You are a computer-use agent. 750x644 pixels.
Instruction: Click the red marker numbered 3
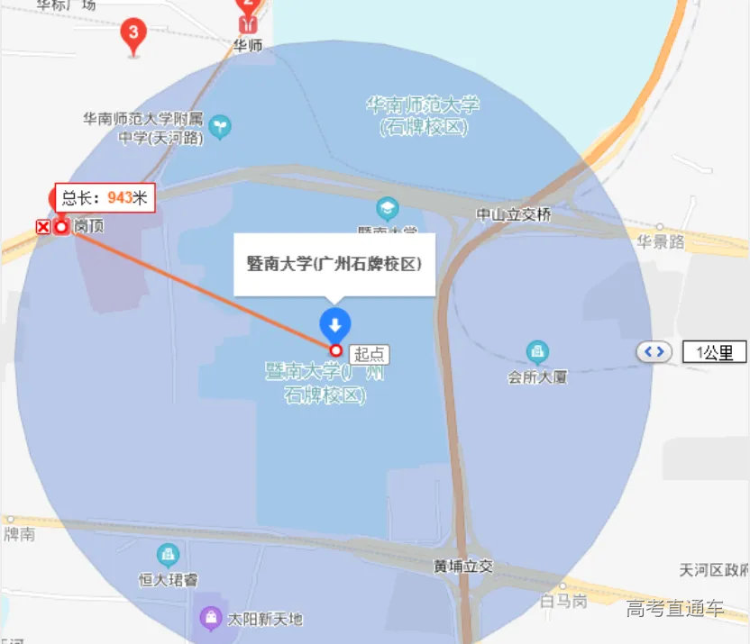(133, 35)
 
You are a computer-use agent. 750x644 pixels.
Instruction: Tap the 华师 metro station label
(248, 45)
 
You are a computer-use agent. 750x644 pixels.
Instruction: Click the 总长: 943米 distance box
(105, 197)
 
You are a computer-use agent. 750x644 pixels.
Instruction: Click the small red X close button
(42, 226)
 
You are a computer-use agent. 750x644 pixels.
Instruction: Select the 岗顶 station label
(88, 226)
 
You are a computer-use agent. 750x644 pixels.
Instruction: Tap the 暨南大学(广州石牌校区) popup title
(334, 264)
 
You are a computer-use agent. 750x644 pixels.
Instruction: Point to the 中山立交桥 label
(514, 214)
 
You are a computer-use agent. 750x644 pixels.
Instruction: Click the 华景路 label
(661, 241)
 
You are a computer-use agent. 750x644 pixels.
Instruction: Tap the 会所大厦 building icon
(537, 350)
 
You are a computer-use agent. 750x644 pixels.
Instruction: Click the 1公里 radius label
(714, 352)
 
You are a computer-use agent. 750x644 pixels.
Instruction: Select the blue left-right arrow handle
(654, 351)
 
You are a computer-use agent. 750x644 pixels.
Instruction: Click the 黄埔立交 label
(463, 566)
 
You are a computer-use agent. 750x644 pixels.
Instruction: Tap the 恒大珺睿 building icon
(168, 554)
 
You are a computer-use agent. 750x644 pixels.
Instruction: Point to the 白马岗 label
(563, 600)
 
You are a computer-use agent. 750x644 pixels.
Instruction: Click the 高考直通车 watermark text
(675, 608)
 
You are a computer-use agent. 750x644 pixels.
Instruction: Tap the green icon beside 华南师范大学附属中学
(219, 128)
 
